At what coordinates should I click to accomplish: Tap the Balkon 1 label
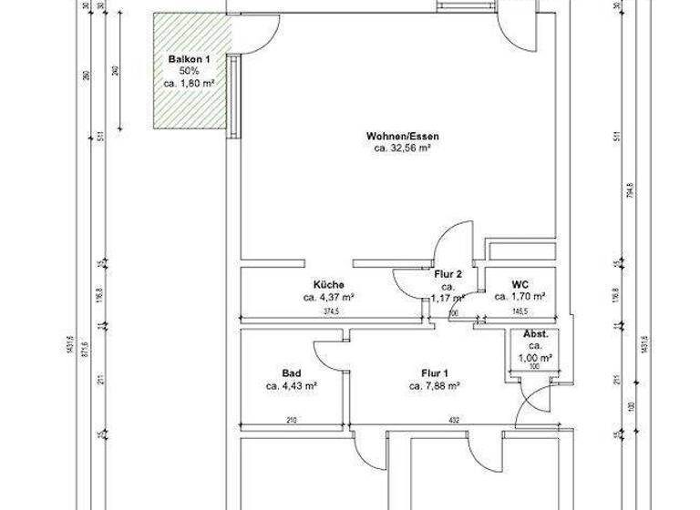point(190,59)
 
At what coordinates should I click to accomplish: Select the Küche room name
point(328,284)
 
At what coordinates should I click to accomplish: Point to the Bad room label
point(292,372)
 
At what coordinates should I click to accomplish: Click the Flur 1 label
point(434,372)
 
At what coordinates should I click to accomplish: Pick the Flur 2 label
point(448,274)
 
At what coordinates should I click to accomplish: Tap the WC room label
point(520,283)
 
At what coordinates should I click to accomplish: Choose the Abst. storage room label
point(536,334)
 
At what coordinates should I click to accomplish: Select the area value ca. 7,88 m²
point(434,385)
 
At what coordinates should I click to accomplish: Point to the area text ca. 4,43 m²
point(292,385)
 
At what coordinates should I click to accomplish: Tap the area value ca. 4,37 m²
point(329,297)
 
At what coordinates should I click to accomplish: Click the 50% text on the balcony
point(190,71)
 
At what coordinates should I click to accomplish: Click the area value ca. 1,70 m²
point(520,296)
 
